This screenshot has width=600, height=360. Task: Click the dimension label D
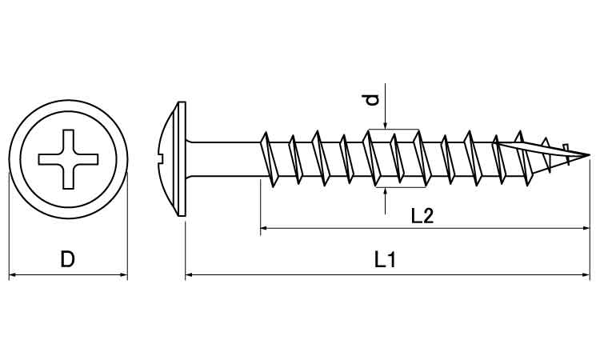click(67, 259)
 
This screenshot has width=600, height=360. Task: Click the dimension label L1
click(385, 260)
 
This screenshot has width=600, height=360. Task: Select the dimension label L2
click(422, 215)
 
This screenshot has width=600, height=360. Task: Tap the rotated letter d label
click(371, 99)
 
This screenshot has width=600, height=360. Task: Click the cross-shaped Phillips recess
click(68, 159)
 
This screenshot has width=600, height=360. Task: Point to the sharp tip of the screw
click(590, 155)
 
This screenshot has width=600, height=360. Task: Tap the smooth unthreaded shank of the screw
click(225, 159)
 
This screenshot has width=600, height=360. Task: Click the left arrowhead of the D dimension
click(12, 274)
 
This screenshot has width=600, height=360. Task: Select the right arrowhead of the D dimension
click(123, 274)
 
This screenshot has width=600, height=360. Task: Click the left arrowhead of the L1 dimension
click(189, 274)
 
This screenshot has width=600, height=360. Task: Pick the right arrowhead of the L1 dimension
click(586, 274)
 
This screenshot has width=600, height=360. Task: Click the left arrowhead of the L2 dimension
click(264, 228)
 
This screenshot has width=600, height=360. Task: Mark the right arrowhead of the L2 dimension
click(586, 228)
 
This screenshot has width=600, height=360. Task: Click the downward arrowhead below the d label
click(386, 125)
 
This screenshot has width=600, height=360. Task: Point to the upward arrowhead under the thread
click(386, 192)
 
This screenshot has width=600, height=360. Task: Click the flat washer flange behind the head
click(182, 158)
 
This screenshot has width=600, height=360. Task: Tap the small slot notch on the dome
click(160, 156)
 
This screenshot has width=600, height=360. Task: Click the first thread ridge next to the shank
click(268, 159)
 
